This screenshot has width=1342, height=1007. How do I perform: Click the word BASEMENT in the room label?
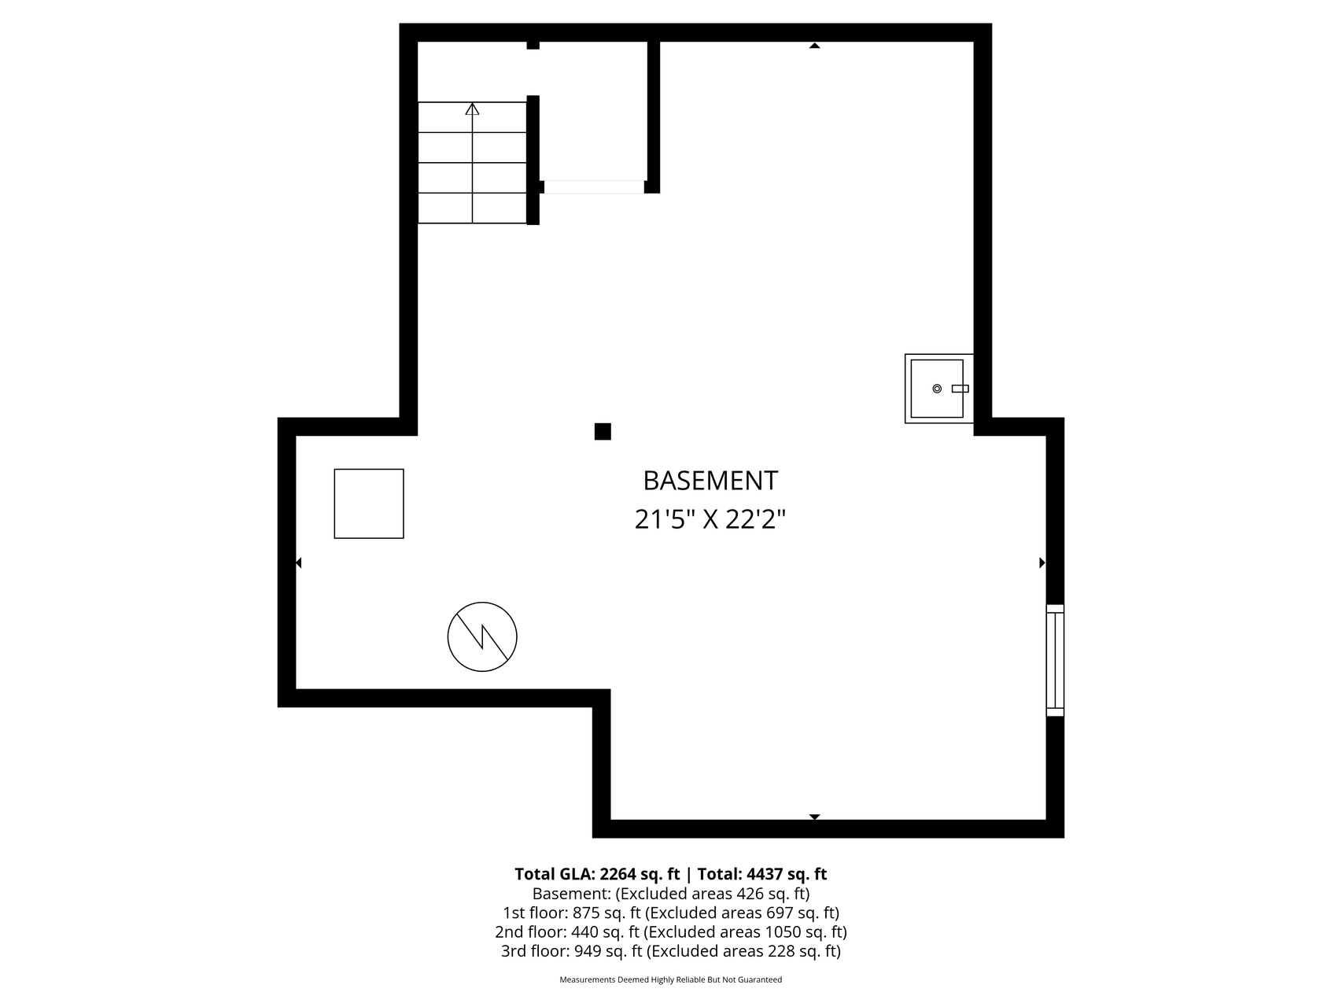click(710, 481)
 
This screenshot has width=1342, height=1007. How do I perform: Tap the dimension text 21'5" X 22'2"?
click(710, 520)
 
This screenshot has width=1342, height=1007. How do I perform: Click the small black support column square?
click(603, 431)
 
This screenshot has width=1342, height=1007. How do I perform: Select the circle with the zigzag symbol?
click(482, 636)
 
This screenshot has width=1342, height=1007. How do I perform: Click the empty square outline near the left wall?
click(369, 503)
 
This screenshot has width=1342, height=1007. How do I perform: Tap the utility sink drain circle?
click(936, 389)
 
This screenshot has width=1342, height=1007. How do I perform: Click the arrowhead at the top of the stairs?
click(472, 109)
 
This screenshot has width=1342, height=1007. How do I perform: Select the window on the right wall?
click(1054, 660)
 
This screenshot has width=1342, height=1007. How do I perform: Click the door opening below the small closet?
click(594, 187)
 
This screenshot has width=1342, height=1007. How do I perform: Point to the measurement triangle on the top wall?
click(814, 46)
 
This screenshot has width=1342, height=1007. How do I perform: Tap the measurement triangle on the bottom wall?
click(814, 817)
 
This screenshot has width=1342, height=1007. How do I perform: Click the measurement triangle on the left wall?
click(299, 563)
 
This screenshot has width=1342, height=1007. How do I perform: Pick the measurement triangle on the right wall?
click(1042, 563)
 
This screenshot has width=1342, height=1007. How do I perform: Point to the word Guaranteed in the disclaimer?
click(762, 979)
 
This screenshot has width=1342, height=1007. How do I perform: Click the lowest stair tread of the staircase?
click(472, 208)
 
